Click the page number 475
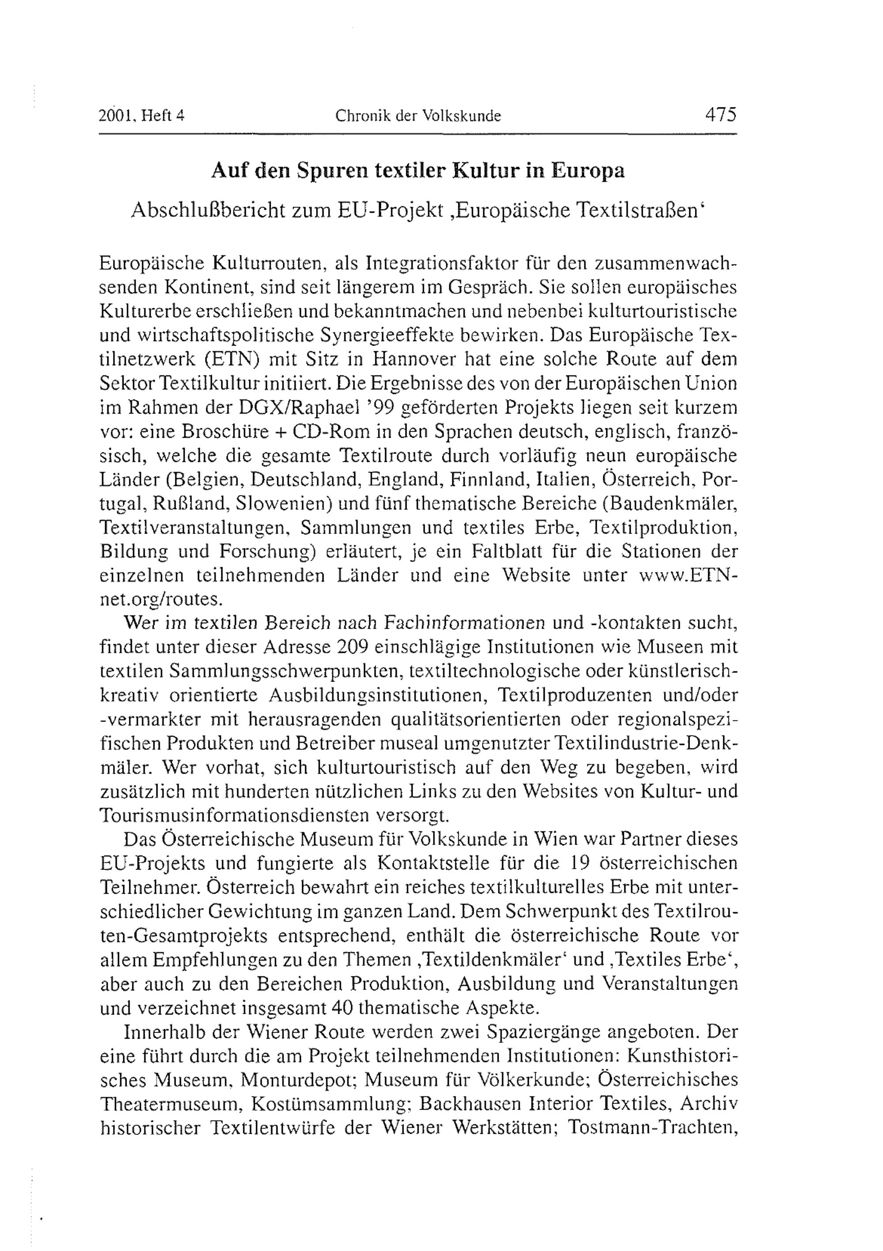pos(720,115)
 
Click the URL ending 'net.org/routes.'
pos(161,599)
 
